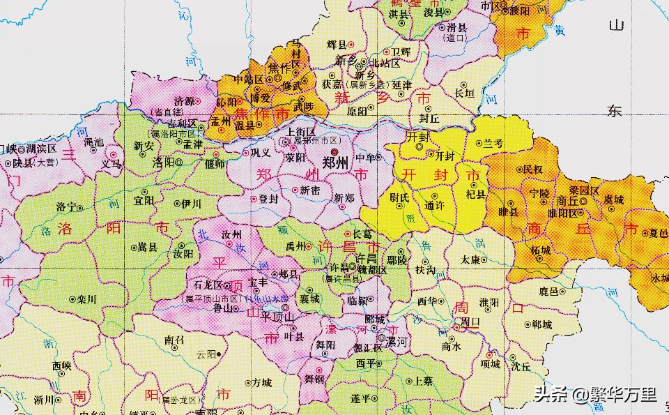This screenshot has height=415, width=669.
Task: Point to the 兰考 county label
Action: point(493,143)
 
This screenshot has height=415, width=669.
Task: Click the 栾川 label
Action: point(86,299)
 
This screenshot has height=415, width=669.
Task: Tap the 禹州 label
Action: point(296,246)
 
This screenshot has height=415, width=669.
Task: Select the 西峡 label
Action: point(61,365)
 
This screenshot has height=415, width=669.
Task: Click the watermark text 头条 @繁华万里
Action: point(595,395)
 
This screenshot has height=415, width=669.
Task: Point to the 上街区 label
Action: point(302,131)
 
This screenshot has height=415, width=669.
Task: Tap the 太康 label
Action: point(470,259)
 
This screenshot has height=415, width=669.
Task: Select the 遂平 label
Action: point(360,398)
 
